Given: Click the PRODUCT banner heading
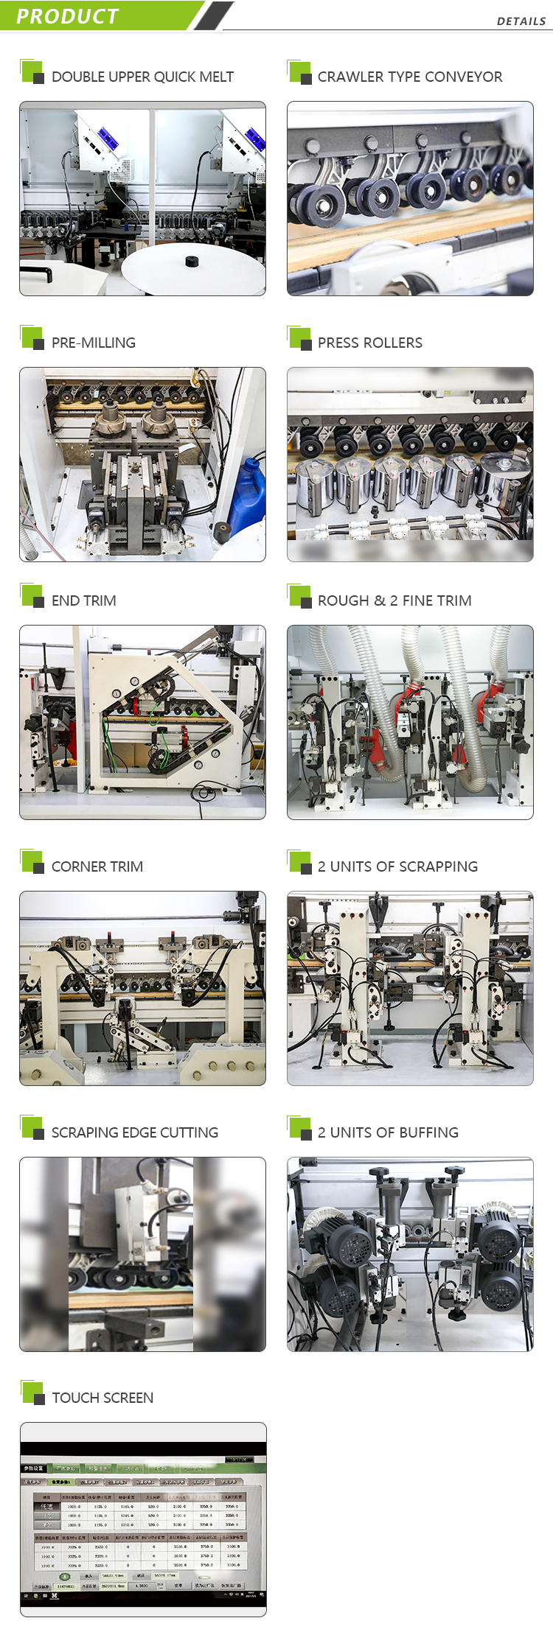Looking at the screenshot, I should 67,16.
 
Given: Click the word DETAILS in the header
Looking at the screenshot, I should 521,21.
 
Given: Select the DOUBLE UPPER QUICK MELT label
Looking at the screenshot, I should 142,77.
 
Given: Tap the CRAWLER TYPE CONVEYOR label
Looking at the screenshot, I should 410,77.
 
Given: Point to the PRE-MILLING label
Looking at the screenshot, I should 94,343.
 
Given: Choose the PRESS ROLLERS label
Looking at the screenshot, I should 370,343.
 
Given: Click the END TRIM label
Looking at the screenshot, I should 84,600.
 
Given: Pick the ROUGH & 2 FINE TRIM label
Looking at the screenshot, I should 394,600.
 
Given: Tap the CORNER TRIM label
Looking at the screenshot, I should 97,866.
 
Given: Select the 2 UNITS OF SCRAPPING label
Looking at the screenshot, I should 397,866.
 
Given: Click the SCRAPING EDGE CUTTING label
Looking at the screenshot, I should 135,1132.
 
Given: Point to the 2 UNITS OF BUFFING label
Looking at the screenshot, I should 388,1132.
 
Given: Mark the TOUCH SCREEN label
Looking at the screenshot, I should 102,1398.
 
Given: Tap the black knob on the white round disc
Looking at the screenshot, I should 192,261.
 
